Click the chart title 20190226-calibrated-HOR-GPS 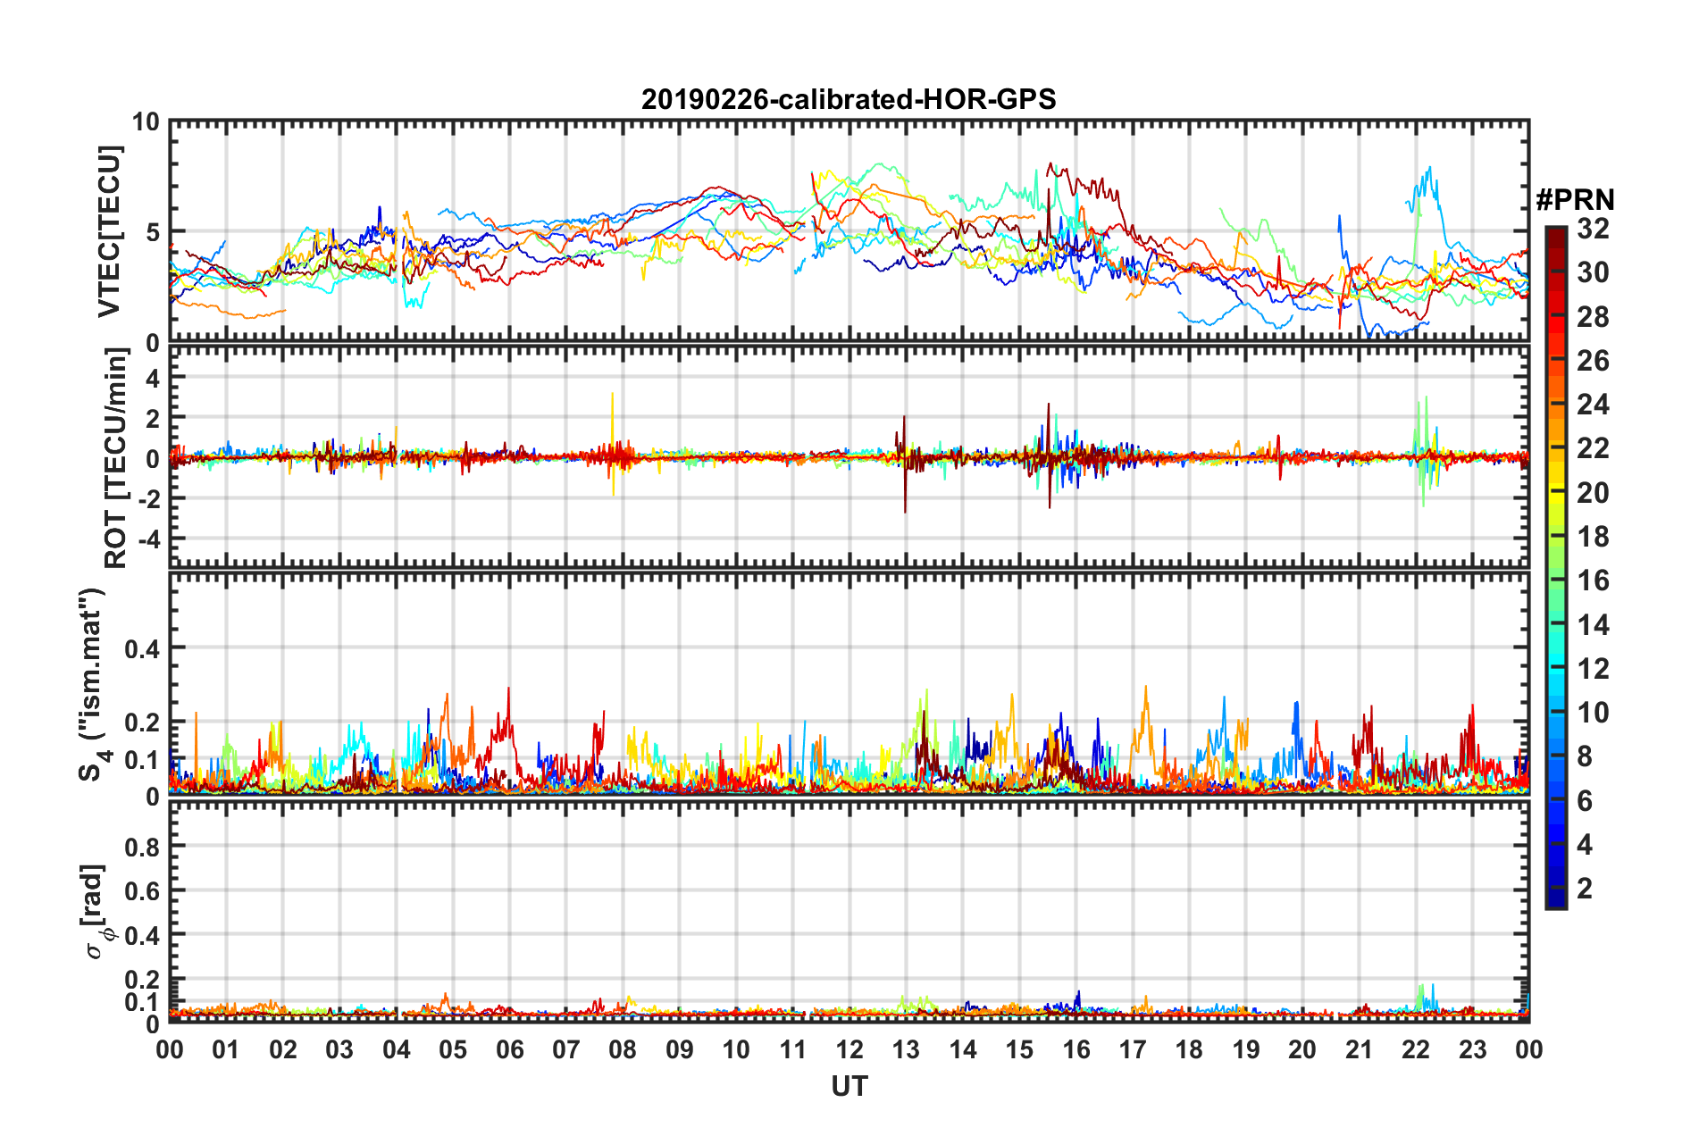point(849,98)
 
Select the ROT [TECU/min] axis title point(115,458)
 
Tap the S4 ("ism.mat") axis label point(92,684)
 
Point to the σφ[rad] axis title point(96,912)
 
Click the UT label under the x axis point(849,1087)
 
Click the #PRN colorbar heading point(1575,199)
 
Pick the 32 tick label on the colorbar point(1593,229)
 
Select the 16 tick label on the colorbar point(1593,581)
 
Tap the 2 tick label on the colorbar point(1585,888)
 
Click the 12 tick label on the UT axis point(849,1050)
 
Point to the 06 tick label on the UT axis point(509,1050)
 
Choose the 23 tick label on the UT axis point(1472,1050)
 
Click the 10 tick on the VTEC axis point(146,121)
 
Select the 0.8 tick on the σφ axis point(142,847)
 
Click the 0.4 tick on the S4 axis point(142,648)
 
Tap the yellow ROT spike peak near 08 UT point(612,394)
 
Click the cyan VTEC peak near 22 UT point(1430,168)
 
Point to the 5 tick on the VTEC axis point(152,232)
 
